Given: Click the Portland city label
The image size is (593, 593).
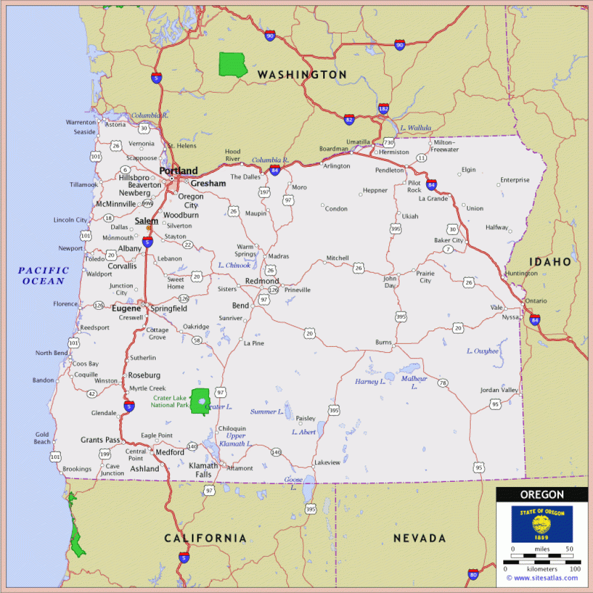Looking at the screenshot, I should pyautogui.click(x=178, y=171).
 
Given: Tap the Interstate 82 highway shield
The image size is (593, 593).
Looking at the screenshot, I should pyautogui.click(x=349, y=119).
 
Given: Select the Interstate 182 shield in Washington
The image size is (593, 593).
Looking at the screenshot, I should pyautogui.click(x=383, y=108).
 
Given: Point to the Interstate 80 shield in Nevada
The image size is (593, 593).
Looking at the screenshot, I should pyautogui.click(x=473, y=574).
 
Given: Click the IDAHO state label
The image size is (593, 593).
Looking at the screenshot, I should pyautogui.click(x=550, y=262).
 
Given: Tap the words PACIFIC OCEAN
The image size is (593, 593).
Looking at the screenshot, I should pyautogui.click(x=43, y=276).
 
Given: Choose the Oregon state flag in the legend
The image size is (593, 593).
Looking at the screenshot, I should pyautogui.click(x=541, y=524).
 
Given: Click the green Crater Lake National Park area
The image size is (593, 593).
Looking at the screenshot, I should pyautogui.click(x=200, y=401).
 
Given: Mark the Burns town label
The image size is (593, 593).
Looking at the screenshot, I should pyautogui.click(x=383, y=342).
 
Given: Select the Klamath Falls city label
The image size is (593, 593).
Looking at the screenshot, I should pyautogui.click(x=203, y=470).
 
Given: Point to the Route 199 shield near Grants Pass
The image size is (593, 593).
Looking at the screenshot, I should pyautogui.click(x=105, y=453).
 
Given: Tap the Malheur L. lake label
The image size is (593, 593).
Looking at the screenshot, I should pyautogui.click(x=414, y=382).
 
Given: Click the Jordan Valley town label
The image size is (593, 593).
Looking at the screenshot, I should pyautogui.click(x=499, y=390).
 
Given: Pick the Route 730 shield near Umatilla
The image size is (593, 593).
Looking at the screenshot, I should pyautogui.click(x=388, y=142).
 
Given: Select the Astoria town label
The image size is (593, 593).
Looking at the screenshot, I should pyautogui.click(x=115, y=125).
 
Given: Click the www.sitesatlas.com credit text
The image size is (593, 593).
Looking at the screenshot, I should pyautogui.click(x=541, y=577).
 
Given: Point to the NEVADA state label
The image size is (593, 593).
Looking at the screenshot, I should pyautogui.click(x=419, y=539).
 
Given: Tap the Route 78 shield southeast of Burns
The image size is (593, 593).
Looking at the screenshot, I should pyautogui.click(x=443, y=383).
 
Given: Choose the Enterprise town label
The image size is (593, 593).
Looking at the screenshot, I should pyautogui.click(x=515, y=180).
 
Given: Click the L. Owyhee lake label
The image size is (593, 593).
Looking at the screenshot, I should pyautogui.click(x=482, y=351).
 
